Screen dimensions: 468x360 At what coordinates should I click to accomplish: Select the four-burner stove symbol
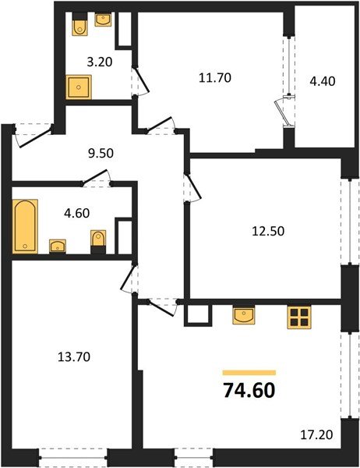click(x=298, y=316)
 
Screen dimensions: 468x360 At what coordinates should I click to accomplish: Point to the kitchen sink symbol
click(x=243, y=314)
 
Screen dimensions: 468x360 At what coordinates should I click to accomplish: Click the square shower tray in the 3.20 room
click(x=78, y=87)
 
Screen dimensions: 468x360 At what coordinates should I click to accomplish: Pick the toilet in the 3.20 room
click(x=78, y=27)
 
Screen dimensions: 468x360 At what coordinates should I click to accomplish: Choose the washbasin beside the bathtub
click(x=57, y=246)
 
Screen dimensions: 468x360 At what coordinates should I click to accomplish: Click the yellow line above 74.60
click(x=249, y=373)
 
